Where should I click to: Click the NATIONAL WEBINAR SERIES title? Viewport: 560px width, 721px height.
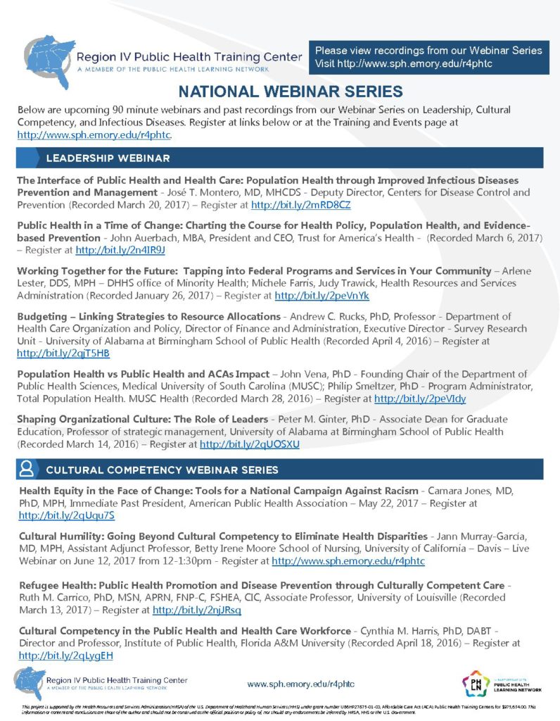coord(290,92)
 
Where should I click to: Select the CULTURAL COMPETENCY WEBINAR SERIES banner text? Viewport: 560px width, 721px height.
coord(162,470)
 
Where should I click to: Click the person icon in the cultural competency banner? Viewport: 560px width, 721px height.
coord(27,469)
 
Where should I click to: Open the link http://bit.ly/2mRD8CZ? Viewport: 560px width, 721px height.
coord(300,205)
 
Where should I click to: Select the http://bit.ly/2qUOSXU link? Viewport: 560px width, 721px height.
coord(250,444)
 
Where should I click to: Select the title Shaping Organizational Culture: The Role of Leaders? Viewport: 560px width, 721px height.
coord(143,419)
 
